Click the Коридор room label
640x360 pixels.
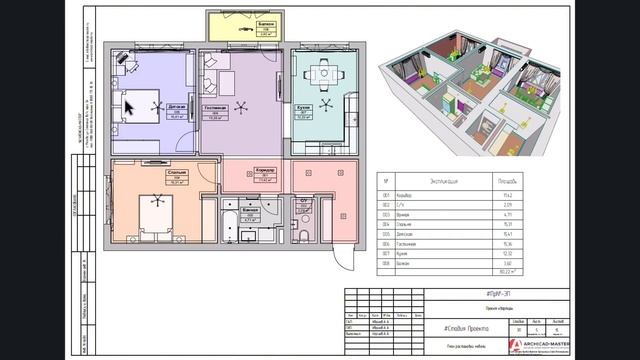pos(265,171)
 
